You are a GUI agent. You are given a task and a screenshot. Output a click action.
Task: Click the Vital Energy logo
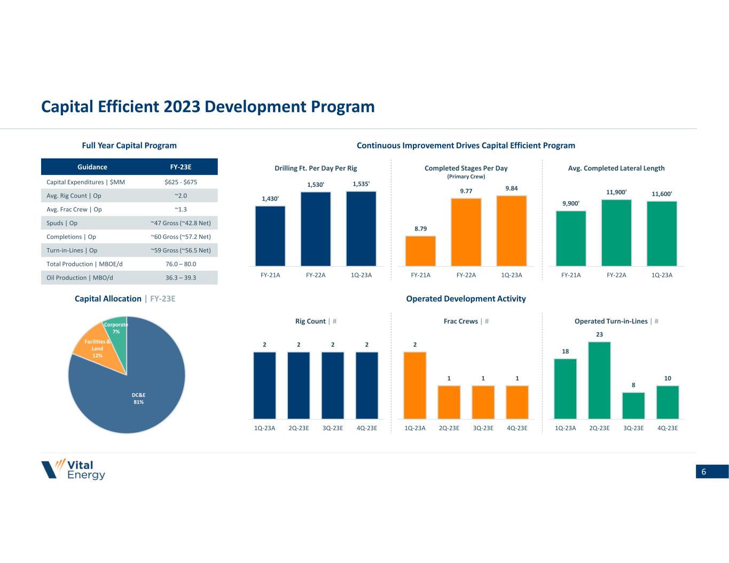(x=73, y=469)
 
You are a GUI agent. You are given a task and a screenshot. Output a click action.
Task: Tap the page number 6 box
(x=711, y=471)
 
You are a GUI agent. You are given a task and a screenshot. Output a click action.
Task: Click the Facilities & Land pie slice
(x=92, y=350)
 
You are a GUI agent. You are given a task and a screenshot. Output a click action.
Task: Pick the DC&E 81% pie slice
(x=134, y=395)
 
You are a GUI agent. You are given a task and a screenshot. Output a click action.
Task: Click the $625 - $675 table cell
(x=181, y=182)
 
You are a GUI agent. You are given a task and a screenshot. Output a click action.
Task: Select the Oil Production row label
(x=80, y=277)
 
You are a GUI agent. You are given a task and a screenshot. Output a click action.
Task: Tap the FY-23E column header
(x=181, y=167)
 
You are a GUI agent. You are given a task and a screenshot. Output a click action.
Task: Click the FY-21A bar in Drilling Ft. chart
(x=270, y=236)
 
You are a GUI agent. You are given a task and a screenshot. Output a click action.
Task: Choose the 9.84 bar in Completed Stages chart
(x=511, y=231)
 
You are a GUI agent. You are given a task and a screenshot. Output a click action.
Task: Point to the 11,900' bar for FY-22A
(x=616, y=233)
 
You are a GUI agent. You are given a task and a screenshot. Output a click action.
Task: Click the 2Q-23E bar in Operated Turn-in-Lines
(x=599, y=380)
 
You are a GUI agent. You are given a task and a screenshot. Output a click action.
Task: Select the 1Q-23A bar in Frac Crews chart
(x=415, y=385)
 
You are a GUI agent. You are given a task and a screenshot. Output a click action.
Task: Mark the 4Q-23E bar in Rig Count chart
(x=366, y=385)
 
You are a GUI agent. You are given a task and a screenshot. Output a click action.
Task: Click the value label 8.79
(x=420, y=228)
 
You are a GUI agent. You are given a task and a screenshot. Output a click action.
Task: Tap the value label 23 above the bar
(x=599, y=335)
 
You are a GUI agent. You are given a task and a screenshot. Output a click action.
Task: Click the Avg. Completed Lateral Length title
(x=616, y=168)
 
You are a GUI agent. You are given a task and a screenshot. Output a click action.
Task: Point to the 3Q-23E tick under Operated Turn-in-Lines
(x=633, y=428)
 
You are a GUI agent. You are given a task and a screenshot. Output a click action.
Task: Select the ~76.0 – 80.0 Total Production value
(x=181, y=264)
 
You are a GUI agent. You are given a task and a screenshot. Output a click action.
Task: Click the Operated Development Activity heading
(x=466, y=299)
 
